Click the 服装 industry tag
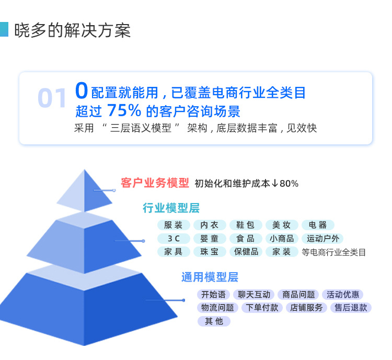pyautogui.click(x=174, y=225)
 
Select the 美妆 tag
pyautogui.click(x=282, y=225)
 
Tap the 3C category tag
pyautogui.click(x=174, y=238)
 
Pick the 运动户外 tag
pyautogui.click(x=322, y=238)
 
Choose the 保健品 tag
pyautogui.click(x=246, y=252)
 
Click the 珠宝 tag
pyautogui.click(x=210, y=252)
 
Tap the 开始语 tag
pyautogui.click(x=213, y=295)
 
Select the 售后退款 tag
pyautogui.click(x=351, y=308)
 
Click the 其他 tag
pyautogui.click(x=214, y=321)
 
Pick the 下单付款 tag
pyautogui.click(x=262, y=308)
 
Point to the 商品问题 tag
pyautogui.click(x=298, y=295)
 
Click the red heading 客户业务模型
pyautogui.click(x=155, y=183)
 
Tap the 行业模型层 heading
pyautogui.click(x=171, y=208)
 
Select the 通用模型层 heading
pyautogui.click(x=210, y=277)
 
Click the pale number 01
pyautogui.click(x=52, y=98)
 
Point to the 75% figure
pyautogui.click(x=124, y=110)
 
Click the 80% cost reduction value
pyautogui.click(x=289, y=184)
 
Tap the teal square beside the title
pyautogui.click(x=4, y=29)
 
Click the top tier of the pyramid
pyautogui.click(x=85, y=191)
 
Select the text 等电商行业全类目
pyautogui.click(x=333, y=252)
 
